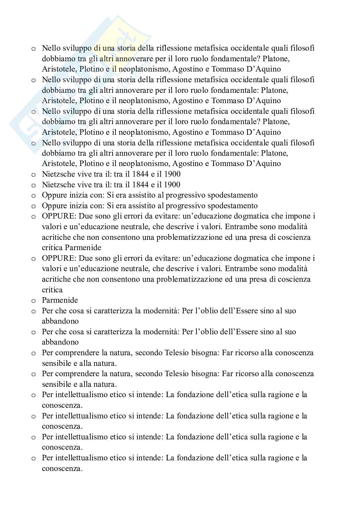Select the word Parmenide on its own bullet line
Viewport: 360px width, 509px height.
60,300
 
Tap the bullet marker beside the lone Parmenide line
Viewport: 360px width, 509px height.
34,301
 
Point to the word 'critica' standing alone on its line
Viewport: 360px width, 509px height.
52,289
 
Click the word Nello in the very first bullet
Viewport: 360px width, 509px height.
51,48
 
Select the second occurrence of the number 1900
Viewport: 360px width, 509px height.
172,185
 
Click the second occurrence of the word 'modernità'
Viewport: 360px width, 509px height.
161,332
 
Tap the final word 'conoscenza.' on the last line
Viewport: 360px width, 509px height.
62,468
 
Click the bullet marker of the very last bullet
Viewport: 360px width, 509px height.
34,458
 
